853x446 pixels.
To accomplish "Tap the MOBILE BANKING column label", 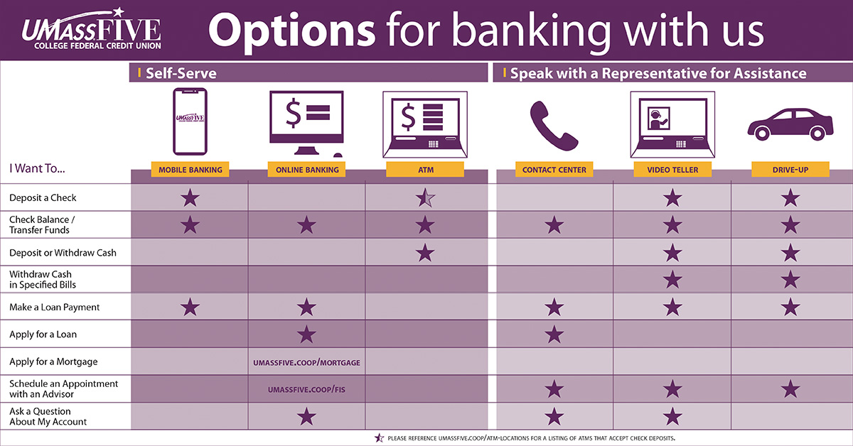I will click(x=190, y=170).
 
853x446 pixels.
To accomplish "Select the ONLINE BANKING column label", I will click(x=306, y=170).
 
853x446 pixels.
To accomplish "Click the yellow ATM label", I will click(x=424, y=170).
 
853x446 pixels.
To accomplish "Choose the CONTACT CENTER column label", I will click(x=554, y=170).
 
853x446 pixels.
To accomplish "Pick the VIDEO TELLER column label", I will click(x=672, y=170).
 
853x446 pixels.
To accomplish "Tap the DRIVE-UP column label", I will click(x=790, y=170).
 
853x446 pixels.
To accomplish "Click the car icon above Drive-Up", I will click(x=790, y=124).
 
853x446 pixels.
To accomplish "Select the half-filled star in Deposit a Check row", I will click(x=425, y=199).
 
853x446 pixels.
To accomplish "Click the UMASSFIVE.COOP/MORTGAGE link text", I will click(x=306, y=363).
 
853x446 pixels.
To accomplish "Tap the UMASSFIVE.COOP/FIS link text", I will click(x=306, y=390).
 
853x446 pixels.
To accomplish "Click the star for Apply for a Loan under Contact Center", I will click(x=554, y=334).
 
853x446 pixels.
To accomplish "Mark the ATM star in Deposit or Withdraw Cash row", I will click(x=425, y=252).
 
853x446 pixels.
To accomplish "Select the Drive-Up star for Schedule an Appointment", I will click(x=790, y=389).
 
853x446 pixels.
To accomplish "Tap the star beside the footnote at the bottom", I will click(x=379, y=438).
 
